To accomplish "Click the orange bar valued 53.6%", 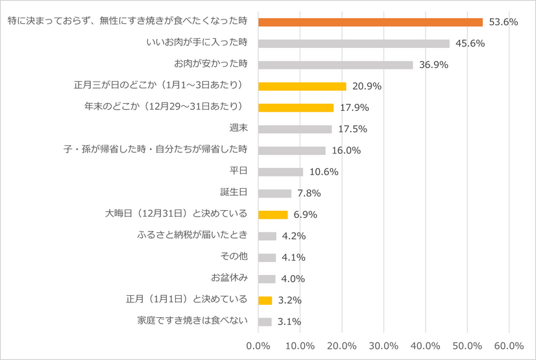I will click(x=371, y=22).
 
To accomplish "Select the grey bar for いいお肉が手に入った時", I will click(x=354, y=43).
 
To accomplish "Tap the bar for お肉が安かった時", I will click(x=335, y=65).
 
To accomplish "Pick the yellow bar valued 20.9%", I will click(x=302, y=86).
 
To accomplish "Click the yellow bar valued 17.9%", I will click(x=296, y=108).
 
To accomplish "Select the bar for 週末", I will click(x=295, y=129).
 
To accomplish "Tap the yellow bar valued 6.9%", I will click(x=273, y=215).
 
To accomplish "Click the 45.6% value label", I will click(x=470, y=43).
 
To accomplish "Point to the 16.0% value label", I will click(x=346, y=150).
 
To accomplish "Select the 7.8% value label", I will click(x=309, y=193).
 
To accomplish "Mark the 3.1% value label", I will click(x=289, y=322).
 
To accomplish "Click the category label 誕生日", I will click(x=234, y=193).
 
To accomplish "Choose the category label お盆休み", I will click(x=230, y=278).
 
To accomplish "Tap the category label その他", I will click(x=235, y=257).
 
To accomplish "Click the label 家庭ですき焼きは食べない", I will click(x=193, y=321).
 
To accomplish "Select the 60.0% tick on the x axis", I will click(x=509, y=345).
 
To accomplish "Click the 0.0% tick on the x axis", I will click(x=258, y=345).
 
